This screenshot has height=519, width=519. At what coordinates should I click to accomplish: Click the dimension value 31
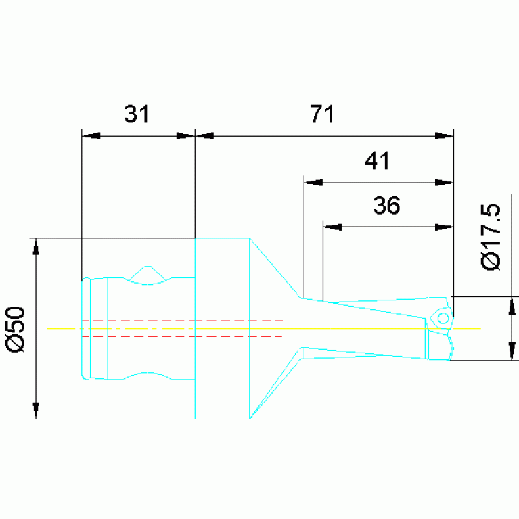click(x=137, y=114)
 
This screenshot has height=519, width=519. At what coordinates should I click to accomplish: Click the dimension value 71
click(x=321, y=114)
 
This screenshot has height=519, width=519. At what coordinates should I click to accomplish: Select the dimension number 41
click(x=377, y=160)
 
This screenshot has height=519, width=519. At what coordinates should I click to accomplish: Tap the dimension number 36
click(x=386, y=205)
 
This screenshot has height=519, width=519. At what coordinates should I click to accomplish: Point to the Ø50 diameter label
click(x=16, y=330)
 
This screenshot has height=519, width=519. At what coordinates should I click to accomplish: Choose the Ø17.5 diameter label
click(x=491, y=237)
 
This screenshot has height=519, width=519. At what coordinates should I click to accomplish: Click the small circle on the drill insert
click(x=443, y=319)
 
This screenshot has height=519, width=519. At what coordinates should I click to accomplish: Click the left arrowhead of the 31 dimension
click(x=91, y=136)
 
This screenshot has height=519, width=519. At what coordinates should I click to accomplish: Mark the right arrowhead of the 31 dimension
click(x=185, y=136)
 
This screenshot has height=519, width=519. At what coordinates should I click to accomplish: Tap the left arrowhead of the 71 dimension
click(x=204, y=136)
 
